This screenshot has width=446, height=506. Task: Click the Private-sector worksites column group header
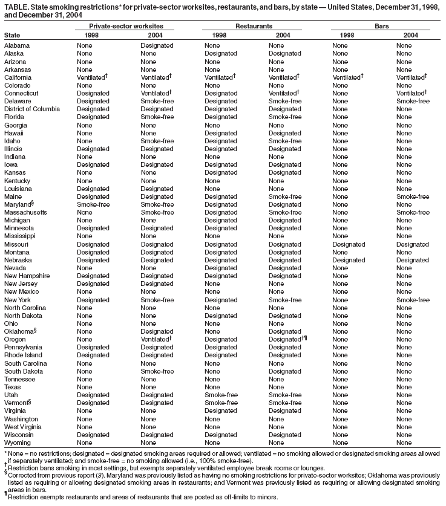(x=125, y=27)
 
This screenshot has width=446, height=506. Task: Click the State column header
(x=11, y=36)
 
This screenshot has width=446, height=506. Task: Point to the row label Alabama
(x=16, y=46)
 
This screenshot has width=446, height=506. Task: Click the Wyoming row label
(x=18, y=442)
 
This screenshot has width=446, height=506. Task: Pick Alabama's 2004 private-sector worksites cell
(x=157, y=46)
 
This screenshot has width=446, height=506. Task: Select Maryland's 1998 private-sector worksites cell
(x=93, y=204)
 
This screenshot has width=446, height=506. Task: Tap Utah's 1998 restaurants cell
(x=221, y=395)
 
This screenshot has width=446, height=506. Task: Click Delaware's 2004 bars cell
(x=412, y=101)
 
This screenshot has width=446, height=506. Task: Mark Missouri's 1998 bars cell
(x=348, y=244)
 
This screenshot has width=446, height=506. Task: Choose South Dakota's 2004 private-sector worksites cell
(x=157, y=371)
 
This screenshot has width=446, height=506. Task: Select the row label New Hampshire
(x=27, y=276)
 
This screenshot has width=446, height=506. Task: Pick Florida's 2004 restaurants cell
(x=284, y=117)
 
